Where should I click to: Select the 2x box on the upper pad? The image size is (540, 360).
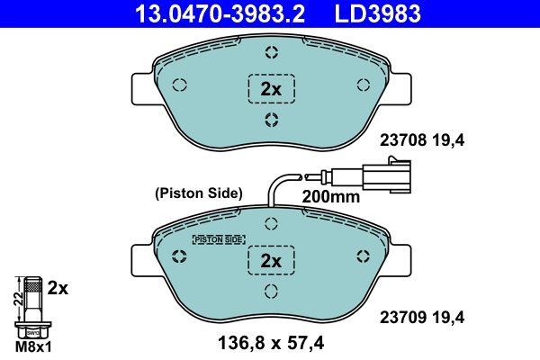point(271,88)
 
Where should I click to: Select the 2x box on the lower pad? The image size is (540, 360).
point(271,260)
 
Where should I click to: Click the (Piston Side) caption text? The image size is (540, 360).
point(199,193)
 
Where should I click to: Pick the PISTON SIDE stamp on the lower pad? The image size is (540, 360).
point(219,239)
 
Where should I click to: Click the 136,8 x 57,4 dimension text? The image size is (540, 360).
point(270,342)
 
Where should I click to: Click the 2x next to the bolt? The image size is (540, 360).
point(58,288)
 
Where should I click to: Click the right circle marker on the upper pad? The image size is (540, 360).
point(364,85)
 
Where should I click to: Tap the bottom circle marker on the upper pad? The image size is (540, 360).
point(271,121)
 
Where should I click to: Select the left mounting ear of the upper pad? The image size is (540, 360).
point(142,87)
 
